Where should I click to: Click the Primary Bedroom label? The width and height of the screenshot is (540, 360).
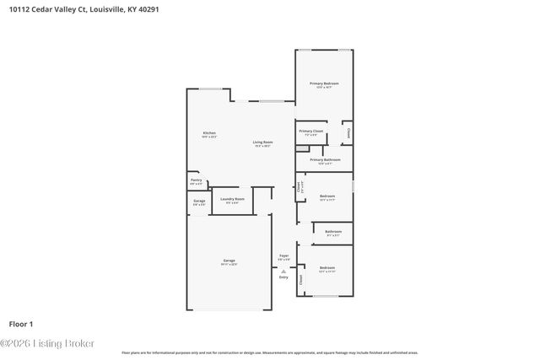324,83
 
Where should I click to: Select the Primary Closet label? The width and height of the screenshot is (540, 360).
311,131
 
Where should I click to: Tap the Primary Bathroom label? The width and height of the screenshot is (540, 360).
324,159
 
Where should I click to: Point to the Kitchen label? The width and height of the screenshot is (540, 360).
209,133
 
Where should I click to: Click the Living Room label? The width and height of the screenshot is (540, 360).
262,142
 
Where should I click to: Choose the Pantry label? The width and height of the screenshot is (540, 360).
196,180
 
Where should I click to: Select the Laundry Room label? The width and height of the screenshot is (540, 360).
232,200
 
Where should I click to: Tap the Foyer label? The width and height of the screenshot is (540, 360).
284,255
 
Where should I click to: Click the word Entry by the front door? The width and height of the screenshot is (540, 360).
283,277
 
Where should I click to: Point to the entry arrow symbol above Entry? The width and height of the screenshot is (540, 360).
283,270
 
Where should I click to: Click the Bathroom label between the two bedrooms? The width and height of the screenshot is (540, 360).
333,231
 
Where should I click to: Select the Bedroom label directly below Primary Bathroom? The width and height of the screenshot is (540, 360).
327,196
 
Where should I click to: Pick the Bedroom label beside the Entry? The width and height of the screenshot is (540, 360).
327,268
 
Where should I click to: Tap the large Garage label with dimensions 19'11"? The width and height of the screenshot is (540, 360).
229,261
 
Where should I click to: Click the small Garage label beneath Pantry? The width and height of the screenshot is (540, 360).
199,201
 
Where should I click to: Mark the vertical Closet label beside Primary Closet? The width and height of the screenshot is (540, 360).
348,132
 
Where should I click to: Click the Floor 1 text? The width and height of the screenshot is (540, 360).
21,324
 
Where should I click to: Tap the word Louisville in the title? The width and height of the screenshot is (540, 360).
103,9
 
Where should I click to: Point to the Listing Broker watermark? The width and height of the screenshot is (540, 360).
47,343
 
